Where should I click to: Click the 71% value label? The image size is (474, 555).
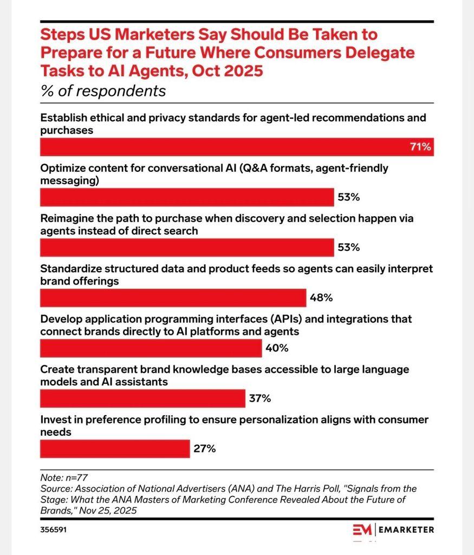[420, 147]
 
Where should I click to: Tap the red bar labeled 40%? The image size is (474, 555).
[151, 348]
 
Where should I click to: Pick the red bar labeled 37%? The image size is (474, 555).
[142, 398]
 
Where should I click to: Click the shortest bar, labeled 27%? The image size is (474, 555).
[115, 449]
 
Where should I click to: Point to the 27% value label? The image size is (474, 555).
[205, 449]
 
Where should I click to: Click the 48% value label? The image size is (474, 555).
[321, 298]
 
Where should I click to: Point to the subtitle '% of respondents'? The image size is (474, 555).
[103, 91]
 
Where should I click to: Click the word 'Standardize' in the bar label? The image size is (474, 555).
[71, 269]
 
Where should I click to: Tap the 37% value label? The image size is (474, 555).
[260, 398]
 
